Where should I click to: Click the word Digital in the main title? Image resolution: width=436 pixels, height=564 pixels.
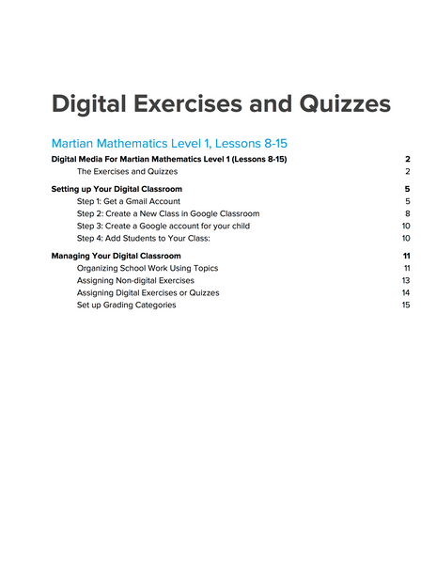click(x=92, y=102)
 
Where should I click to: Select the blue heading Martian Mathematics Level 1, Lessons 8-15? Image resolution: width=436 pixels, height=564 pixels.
click(x=169, y=144)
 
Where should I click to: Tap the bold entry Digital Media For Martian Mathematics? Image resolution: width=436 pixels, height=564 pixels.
click(x=169, y=160)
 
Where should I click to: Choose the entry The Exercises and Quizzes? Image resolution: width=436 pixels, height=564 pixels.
click(x=127, y=172)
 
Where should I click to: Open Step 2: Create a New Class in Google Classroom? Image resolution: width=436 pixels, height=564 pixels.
click(x=168, y=213)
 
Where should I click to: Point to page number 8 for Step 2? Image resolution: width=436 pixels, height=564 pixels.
click(x=408, y=213)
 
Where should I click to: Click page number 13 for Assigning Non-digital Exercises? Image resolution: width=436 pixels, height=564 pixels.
click(x=406, y=280)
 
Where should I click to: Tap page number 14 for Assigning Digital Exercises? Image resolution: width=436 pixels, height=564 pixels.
click(x=406, y=292)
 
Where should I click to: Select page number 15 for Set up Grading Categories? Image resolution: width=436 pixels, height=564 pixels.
click(x=406, y=305)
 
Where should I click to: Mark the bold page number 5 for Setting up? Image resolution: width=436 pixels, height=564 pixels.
click(x=408, y=189)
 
